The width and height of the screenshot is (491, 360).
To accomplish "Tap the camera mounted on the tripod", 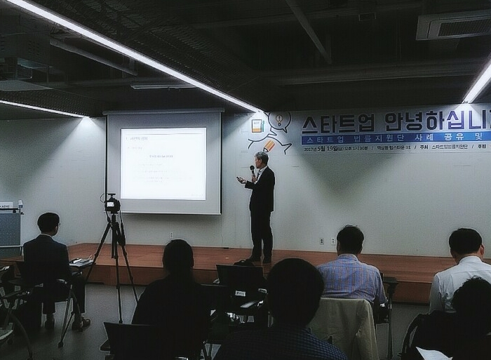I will (x=112, y=204).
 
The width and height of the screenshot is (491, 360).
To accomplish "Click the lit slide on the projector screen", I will (x=163, y=163).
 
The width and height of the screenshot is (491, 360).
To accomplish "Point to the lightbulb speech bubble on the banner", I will (x=279, y=121).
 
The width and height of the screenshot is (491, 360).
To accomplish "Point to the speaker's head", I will (x=261, y=159).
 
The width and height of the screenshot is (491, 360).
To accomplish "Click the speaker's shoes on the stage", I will (x=261, y=260).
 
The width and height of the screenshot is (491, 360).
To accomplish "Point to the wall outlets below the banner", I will (x=327, y=241).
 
